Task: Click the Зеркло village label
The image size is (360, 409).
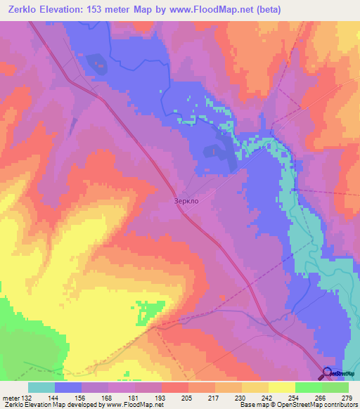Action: [186, 200]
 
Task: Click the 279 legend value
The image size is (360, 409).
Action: [347, 397]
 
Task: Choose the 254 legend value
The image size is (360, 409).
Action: [294, 397]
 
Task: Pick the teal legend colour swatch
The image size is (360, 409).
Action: [41, 387]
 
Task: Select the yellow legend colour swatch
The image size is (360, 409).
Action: [281, 387]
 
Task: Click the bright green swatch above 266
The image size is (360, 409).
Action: [308, 387]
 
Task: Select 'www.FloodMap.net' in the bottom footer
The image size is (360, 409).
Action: [134, 405]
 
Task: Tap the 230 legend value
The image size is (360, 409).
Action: [240, 397]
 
